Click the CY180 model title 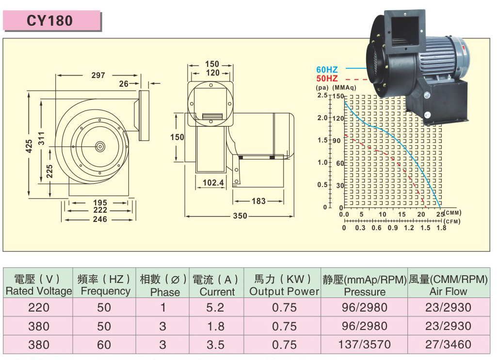pyautogui.click(x=49, y=21)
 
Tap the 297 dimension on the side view pyautogui.click(x=98, y=75)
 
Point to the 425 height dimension pyautogui.click(x=29, y=146)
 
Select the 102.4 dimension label pyautogui.click(x=213, y=183)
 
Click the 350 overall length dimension pyautogui.click(x=240, y=216)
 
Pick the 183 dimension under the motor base pyautogui.click(x=258, y=201)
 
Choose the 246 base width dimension pyautogui.click(x=100, y=219)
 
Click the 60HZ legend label pyautogui.click(x=327, y=69)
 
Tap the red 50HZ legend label pyautogui.click(x=327, y=78)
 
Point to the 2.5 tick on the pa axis pyautogui.click(x=322, y=95)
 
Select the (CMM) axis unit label pyautogui.click(x=452, y=213)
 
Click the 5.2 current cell pyautogui.click(x=215, y=307)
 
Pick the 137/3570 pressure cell pyautogui.click(x=364, y=344)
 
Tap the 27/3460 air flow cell pyautogui.click(x=448, y=344)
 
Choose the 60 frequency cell pyautogui.click(x=104, y=345)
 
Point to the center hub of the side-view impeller pyautogui.click(x=100, y=146)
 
